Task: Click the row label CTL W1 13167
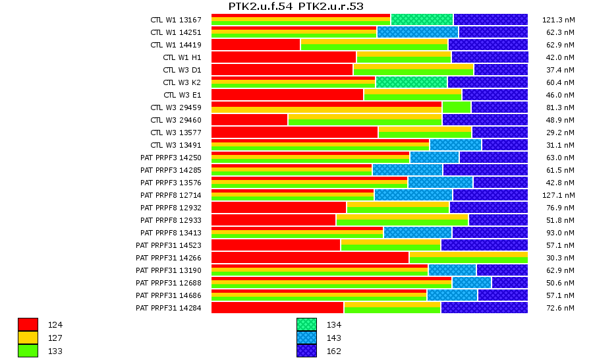[x=175, y=20]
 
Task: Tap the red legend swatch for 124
[x=28, y=324]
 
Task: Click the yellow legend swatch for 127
[x=28, y=338]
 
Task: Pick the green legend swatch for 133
[x=28, y=351]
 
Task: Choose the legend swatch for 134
[x=306, y=324]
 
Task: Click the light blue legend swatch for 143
[x=306, y=338]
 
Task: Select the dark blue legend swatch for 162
[x=306, y=351]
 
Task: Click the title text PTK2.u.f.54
[x=261, y=7]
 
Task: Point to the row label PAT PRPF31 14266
[x=168, y=258]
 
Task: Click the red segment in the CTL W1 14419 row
[x=256, y=45]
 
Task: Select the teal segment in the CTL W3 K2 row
[x=411, y=82]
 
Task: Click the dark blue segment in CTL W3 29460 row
[x=484, y=120]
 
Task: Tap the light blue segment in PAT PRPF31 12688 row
[x=471, y=283]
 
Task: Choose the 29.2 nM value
[x=561, y=133]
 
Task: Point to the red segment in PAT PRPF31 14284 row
[x=277, y=308]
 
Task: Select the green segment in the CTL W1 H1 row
[x=403, y=57]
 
